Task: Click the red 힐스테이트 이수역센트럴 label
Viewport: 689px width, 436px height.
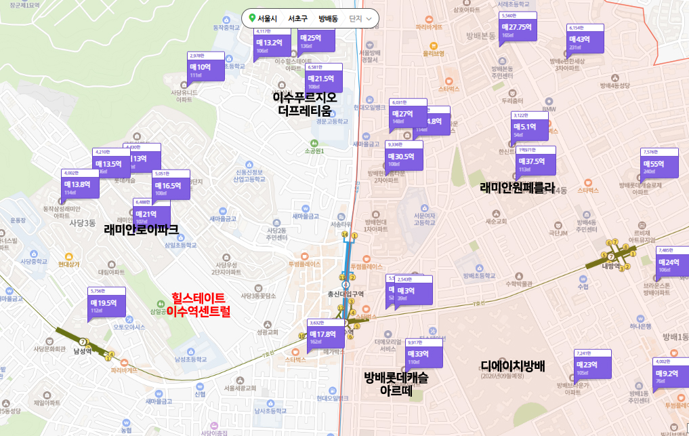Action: click(x=199, y=304)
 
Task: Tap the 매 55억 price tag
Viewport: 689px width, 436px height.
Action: click(x=659, y=163)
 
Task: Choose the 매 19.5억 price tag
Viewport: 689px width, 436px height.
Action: click(x=106, y=302)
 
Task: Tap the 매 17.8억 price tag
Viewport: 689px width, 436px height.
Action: click(x=324, y=334)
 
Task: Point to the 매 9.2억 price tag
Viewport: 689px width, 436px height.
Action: click(x=669, y=373)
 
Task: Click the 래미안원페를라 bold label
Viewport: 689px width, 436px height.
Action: click(x=517, y=188)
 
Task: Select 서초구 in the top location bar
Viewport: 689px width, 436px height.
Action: click(x=297, y=19)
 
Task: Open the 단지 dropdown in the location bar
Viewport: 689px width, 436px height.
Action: click(x=360, y=19)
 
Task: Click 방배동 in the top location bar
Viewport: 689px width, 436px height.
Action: click(x=328, y=19)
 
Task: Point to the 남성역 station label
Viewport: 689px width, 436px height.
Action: click(x=83, y=351)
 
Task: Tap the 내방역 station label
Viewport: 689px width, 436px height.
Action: click(x=611, y=266)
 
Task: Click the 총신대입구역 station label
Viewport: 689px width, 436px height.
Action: click(x=346, y=294)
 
